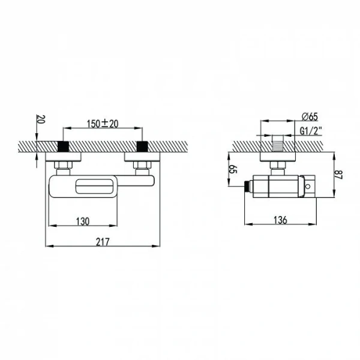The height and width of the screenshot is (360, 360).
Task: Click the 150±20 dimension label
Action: [x=103, y=124]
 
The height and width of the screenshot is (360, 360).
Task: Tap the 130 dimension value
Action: [x=83, y=221]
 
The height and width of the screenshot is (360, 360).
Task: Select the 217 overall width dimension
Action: [x=103, y=242]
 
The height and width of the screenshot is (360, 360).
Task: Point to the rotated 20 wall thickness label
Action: [x=41, y=119]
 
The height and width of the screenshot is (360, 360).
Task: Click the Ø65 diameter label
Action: [x=310, y=117]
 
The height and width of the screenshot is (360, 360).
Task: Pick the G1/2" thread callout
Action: [x=311, y=131]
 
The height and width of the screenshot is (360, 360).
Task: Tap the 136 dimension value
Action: [x=280, y=220]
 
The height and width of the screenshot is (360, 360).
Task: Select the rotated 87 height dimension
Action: [x=338, y=175]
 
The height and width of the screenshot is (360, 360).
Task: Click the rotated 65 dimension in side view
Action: [x=233, y=169]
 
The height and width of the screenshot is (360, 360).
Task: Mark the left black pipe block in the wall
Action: [x=63, y=146]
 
